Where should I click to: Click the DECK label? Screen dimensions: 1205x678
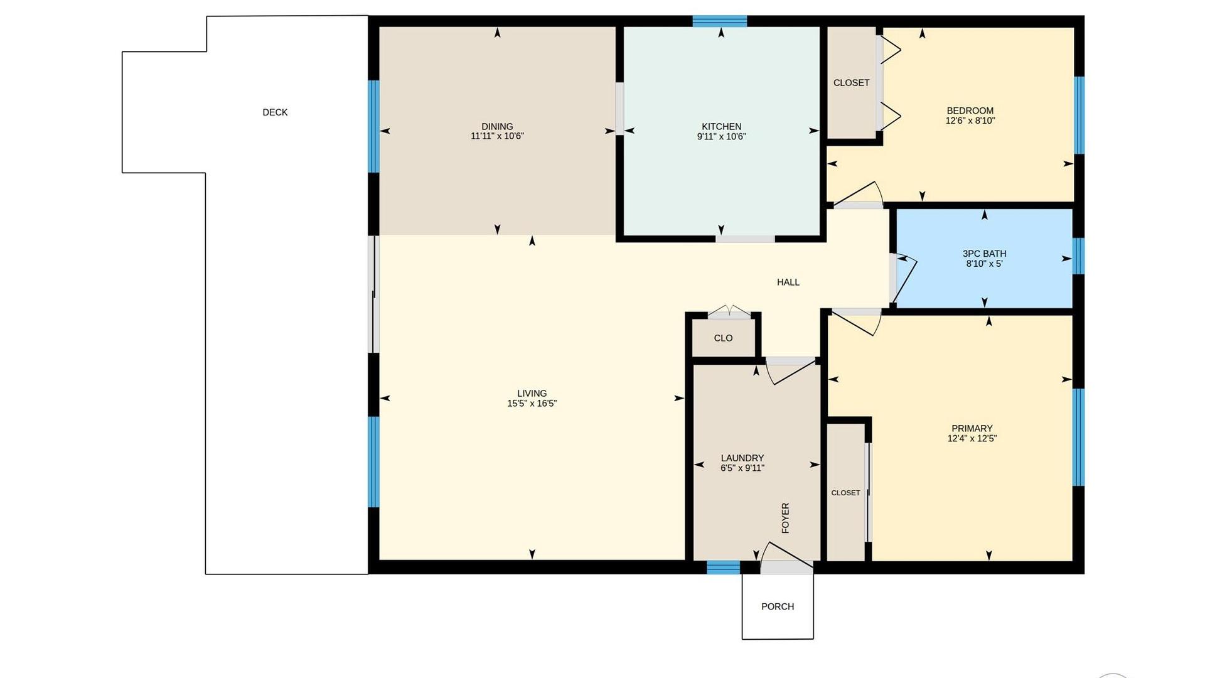tap(275, 112)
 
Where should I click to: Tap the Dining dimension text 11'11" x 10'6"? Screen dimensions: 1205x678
tap(497, 136)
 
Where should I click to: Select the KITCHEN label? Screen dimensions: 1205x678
tap(721, 127)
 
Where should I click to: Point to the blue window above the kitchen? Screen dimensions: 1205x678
tap(720, 21)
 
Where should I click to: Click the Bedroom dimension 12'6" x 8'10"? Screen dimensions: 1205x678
tap(970, 121)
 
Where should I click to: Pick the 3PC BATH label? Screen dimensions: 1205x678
tap(984, 254)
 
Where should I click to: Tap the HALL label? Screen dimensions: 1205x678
tap(788, 282)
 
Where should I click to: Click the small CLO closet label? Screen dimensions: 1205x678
tap(723, 338)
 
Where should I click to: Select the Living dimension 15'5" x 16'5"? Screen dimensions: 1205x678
tap(532, 404)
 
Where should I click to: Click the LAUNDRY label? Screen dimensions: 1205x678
tap(742, 458)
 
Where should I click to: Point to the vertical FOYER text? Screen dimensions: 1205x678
tap(785, 518)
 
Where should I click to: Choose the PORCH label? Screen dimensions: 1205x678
tap(778, 606)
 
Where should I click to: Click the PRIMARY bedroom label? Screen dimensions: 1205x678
tap(972, 429)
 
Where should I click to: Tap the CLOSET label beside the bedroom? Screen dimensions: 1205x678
tap(851, 83)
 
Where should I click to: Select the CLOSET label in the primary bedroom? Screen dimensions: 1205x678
tap(845, 493)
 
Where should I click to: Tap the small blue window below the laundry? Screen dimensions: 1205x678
tap(724, 568)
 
